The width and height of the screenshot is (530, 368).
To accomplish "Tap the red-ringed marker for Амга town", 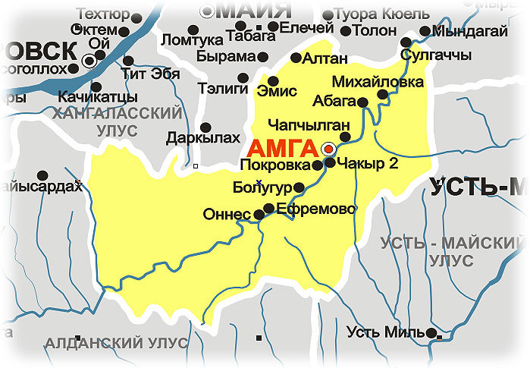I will pyautogui.click(x=329, y=149).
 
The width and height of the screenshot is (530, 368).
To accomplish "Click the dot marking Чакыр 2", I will pyautogui.click(x=330, y=162).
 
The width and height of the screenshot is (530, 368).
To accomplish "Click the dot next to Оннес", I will pyautogui.click(x=259, y=215).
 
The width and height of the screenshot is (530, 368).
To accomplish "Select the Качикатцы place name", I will pyautogui.click(x=98, y=97).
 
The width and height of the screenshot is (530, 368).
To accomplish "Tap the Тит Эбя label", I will pyautogui.click(x=150, y=74).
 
